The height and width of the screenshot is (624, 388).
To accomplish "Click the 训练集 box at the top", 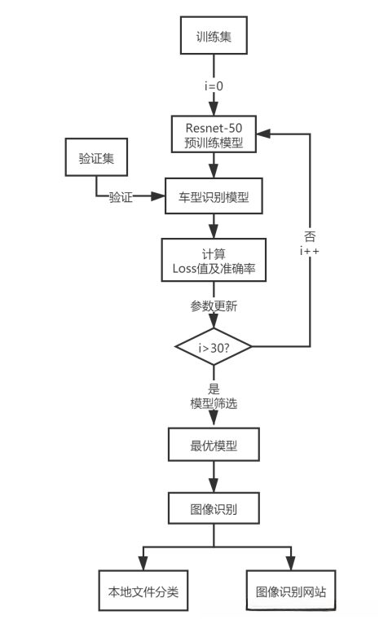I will (214, 37).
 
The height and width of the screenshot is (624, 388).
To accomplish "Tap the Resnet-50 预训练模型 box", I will (214, 132).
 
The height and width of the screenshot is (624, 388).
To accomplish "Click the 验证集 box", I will (95, 158).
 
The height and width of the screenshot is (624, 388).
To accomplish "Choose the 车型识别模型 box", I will (214, 196).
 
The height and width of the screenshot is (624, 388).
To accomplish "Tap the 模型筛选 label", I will (214, 402).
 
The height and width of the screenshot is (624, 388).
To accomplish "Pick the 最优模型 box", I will (214, 446).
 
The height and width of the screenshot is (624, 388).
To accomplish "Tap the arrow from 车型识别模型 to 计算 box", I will (214, 226).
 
